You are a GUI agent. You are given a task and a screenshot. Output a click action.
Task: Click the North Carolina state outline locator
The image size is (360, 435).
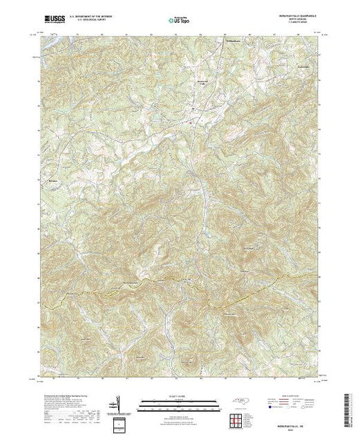(238, 403)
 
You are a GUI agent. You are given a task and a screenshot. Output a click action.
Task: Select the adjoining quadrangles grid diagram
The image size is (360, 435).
(238, 420)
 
